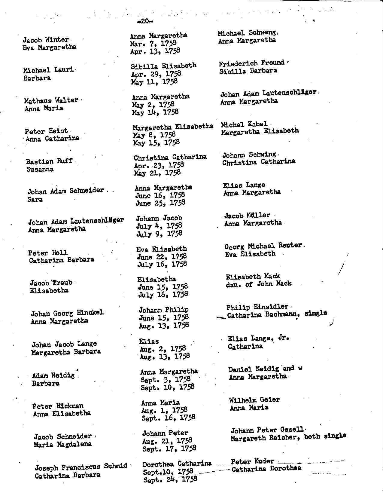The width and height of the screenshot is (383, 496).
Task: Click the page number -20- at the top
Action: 144,21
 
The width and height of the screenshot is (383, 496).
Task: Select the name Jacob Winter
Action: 46,40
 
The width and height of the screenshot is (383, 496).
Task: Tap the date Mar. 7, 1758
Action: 153,44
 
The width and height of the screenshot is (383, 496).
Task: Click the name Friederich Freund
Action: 251,63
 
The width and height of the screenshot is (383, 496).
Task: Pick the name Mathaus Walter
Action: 51,100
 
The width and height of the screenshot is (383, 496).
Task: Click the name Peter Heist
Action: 46,131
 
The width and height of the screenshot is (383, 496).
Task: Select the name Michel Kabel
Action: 244,124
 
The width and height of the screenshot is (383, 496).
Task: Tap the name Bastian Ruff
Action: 49,161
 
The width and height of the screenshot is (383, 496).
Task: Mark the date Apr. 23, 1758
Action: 159,165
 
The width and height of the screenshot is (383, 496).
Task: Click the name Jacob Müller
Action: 247,216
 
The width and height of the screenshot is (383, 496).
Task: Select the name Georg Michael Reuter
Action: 263,246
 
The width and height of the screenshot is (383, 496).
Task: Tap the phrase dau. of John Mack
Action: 259,284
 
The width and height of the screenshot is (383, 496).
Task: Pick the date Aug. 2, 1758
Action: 163,349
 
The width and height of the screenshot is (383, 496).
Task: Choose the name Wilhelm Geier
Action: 254,400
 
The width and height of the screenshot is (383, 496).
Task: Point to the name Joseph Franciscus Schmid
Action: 81,467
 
